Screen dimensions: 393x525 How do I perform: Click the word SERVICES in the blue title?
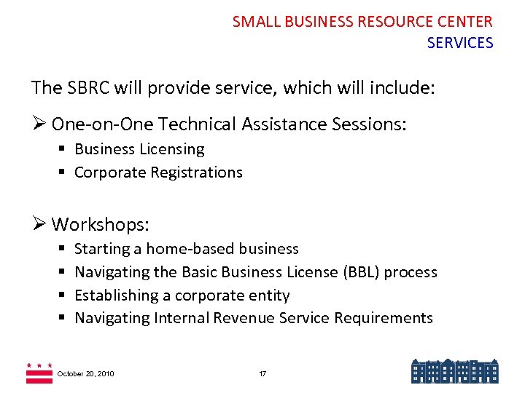[x=460, y=43]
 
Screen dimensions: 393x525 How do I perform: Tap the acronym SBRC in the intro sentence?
[x=92, y=88]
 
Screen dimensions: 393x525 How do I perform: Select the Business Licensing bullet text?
[x=139, y=149]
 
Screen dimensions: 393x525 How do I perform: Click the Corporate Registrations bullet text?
[x=158, y=172]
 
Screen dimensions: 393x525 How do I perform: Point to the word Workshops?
[x=101, y=223]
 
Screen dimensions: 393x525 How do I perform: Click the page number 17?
[x=262, y=373]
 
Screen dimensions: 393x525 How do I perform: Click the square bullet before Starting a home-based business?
[x=63, y=249]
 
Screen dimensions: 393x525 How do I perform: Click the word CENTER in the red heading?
[x=467, y=22]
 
